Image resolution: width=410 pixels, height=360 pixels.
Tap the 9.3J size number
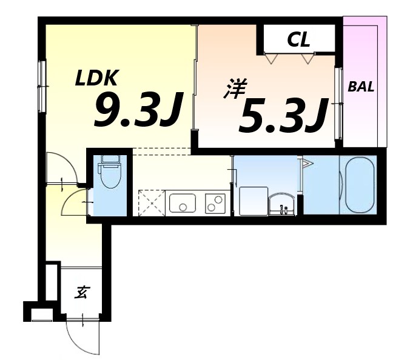(x=138, y=110)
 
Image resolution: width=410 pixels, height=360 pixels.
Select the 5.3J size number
(x=283, y=116)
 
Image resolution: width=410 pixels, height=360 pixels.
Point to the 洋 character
(x=235, y=89)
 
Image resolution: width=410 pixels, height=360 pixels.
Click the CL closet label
(x=298, y=39)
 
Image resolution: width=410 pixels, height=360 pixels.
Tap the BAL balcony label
(x=361, y=87)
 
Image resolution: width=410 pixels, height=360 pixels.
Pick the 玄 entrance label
(x=82, y=292)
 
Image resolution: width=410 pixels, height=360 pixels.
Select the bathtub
(x=360, y=185)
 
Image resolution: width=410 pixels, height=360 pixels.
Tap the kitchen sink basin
(x=183, y=203)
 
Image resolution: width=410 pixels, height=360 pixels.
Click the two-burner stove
(x=215, y=203)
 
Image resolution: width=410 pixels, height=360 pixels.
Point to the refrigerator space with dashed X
(x=152, y=203)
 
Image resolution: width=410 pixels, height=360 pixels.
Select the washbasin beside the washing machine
(x=282, y=204)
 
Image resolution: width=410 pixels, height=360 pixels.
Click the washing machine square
(x=254, y=201)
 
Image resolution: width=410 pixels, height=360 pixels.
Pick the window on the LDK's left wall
(x=42, y=87)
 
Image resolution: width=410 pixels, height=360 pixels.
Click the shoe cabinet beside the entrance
(x=52, y=282)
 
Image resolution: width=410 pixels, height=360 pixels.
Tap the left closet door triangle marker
(x=271, y=58)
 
